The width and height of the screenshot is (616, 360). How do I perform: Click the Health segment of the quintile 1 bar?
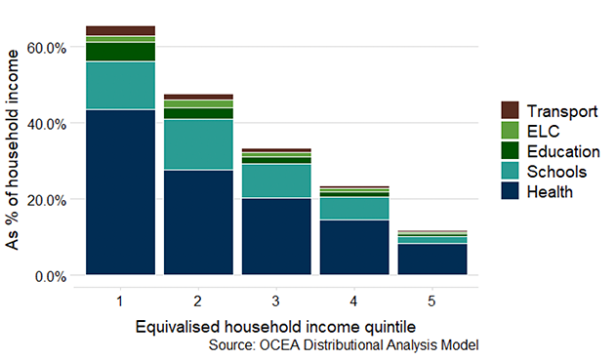pyautogui.click(x=121, y=192)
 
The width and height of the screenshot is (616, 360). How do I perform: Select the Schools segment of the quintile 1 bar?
pyautogui.click(x=121, y=86)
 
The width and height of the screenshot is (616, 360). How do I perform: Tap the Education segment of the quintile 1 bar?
pyautogui.click(x=121, y=52)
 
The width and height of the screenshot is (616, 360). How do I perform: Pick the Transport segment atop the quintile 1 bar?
pyautogui.click(x=121, y=30)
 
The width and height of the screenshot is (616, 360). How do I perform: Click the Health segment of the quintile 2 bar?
pyautogui.click(x=198, y=222)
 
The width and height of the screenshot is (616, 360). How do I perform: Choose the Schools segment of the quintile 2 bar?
pyautogui.click(x=198, y=144)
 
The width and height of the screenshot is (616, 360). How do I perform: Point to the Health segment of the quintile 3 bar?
pyautogui.click(x=276, y=236)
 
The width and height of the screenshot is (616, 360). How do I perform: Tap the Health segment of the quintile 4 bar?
pyautogui.click(x=353, y=248)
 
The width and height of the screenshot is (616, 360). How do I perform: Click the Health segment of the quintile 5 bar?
pyautogui.click(x=431, y=260)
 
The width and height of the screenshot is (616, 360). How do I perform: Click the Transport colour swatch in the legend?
pyautogui.click(x=509, y=110)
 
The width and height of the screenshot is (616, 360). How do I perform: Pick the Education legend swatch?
pyautogui.click(x=509, y=151)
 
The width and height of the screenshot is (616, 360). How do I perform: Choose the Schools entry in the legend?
pyautogui.click(x=554, y=172)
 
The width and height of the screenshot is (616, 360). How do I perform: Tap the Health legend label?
pyautogui.click(x=549, y=192)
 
